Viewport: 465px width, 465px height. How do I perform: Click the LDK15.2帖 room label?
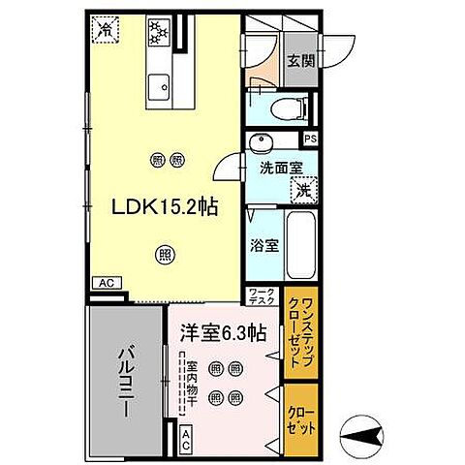click(x=162, y=205)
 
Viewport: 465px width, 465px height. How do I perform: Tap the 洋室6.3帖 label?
click(x=223, y=335)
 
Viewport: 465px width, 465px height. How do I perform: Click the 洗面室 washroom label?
click(x=280, y=167)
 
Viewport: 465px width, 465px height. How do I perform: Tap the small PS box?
click(x=310, y=139)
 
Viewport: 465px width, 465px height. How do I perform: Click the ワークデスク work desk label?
click(x=263, y=295)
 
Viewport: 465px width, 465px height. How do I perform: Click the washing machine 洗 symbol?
click(x=303, y=191)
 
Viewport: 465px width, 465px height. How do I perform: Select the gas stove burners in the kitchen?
click(x=157, y=32)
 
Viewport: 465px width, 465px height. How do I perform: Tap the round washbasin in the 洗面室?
click(x=258, y=144)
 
